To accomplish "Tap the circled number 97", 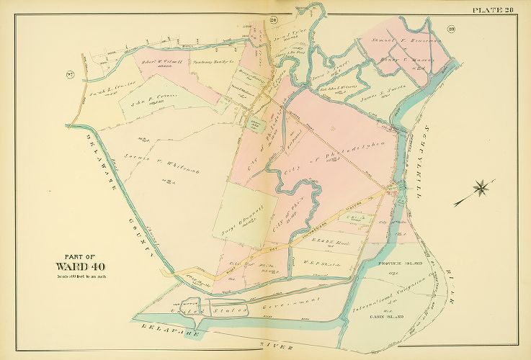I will point(70,75).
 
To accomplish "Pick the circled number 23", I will point(451,29).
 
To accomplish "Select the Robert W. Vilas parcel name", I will point(161,62).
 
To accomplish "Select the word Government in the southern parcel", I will point(295,301).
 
